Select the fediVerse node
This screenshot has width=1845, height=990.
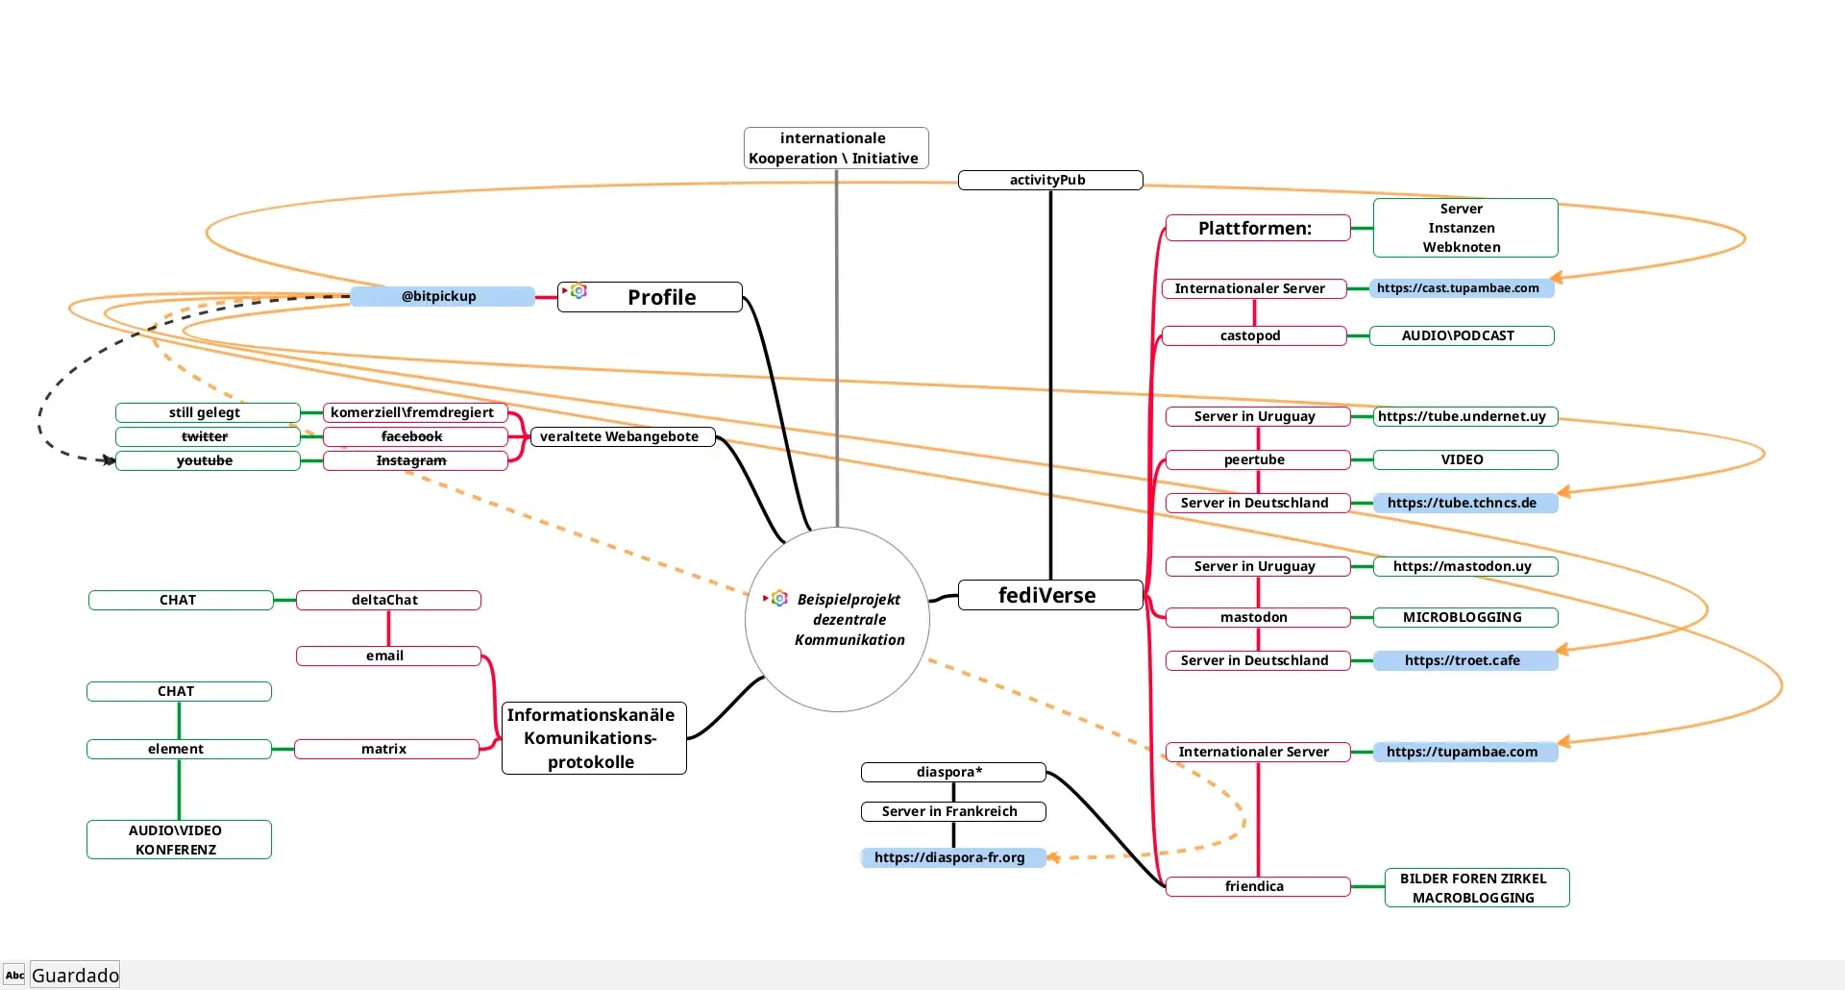[1049, 595]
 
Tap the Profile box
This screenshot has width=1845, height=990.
[651, 297]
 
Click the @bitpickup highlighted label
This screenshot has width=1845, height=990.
[440, 296]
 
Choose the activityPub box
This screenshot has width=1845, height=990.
[1049, 180]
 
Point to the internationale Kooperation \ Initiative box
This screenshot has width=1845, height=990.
[835, 148]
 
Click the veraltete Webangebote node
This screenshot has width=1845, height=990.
[621, 436]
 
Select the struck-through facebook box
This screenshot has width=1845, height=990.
[414, 436]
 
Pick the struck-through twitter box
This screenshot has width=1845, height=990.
[207, 436]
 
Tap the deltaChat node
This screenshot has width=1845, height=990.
[387, 600]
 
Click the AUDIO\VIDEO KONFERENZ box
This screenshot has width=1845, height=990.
[179, 839]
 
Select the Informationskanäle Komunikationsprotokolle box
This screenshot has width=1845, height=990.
[593, 738]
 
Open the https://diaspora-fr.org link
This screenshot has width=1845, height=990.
[951, 857]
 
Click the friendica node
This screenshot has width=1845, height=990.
[1256, 886]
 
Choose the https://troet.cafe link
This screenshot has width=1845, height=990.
[1464, 660]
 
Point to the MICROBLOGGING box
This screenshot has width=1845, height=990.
[1464, 617]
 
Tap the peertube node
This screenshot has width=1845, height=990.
[1256, 459]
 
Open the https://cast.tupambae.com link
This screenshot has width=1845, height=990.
[1460, 287]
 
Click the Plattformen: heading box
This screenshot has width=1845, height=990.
[1256, 228]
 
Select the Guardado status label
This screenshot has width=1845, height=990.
[75, 976]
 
